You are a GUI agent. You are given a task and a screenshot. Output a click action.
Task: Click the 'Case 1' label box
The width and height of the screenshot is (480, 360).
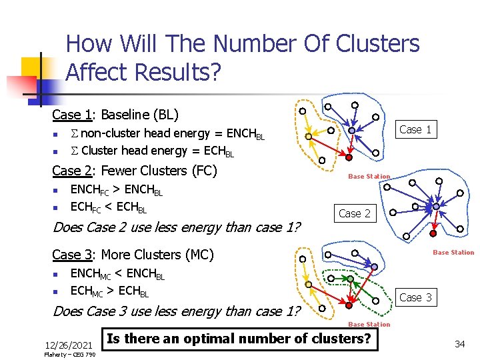pyautogui.click(x=415, y=129)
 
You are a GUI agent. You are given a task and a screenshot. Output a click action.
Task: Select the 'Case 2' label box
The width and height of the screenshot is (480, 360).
pyautogui.click(x=355, y=213)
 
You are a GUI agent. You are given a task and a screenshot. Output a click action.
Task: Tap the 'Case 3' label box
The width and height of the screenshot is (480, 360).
pyautogui.click(x=415, y=297)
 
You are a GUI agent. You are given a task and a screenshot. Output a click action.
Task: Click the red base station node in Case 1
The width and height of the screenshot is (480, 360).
pyautogui.click(x=349, y=157)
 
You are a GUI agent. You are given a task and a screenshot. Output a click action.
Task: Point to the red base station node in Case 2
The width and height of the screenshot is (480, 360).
pyautogui.click(x=433, y=233)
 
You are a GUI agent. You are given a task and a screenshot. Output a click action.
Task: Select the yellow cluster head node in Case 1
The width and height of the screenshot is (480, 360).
pyautogui.click(x=308, y=137)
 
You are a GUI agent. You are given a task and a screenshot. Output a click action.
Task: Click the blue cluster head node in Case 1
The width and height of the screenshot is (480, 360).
pyautogui.click(x=351, y=131)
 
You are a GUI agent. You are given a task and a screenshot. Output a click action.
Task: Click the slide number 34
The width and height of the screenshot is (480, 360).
pyautogui.click(x=459, y=343)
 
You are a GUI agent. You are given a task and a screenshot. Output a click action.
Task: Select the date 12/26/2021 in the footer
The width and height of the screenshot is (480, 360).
pyautogui.click(x=68, y=345)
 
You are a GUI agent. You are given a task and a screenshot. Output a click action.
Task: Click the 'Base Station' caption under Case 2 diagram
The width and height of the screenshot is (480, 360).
pyautogui.click(x=453, y=253)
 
